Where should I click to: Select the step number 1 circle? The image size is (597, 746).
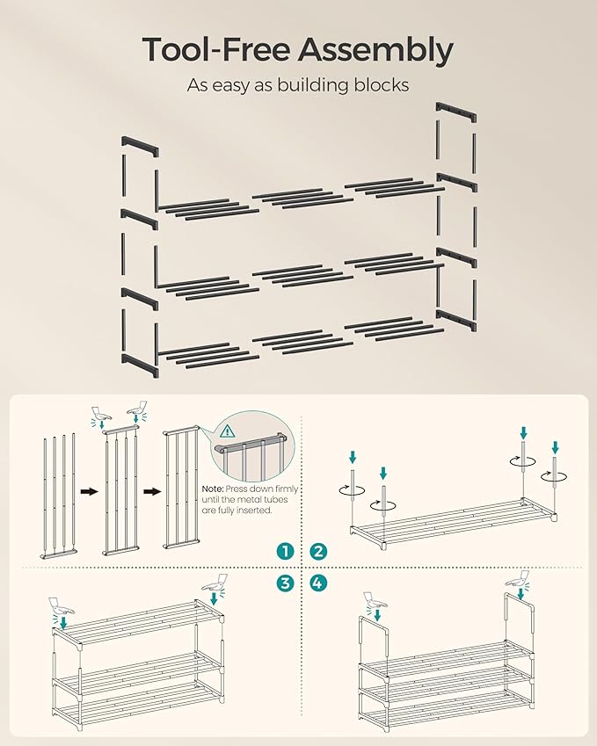[x=284, y=551]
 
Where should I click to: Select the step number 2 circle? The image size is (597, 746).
[x=317, y=551]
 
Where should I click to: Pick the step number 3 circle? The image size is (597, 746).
[x=284, y=583]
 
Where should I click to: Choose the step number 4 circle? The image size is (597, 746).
[x=317, y=583]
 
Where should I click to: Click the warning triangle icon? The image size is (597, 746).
[x=229, y=431]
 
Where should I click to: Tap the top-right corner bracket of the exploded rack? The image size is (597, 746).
[x=456, y=113]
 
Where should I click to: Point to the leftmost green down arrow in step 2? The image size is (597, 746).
[x=353, y=457]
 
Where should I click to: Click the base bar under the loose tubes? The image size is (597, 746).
[x=59, y=555]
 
